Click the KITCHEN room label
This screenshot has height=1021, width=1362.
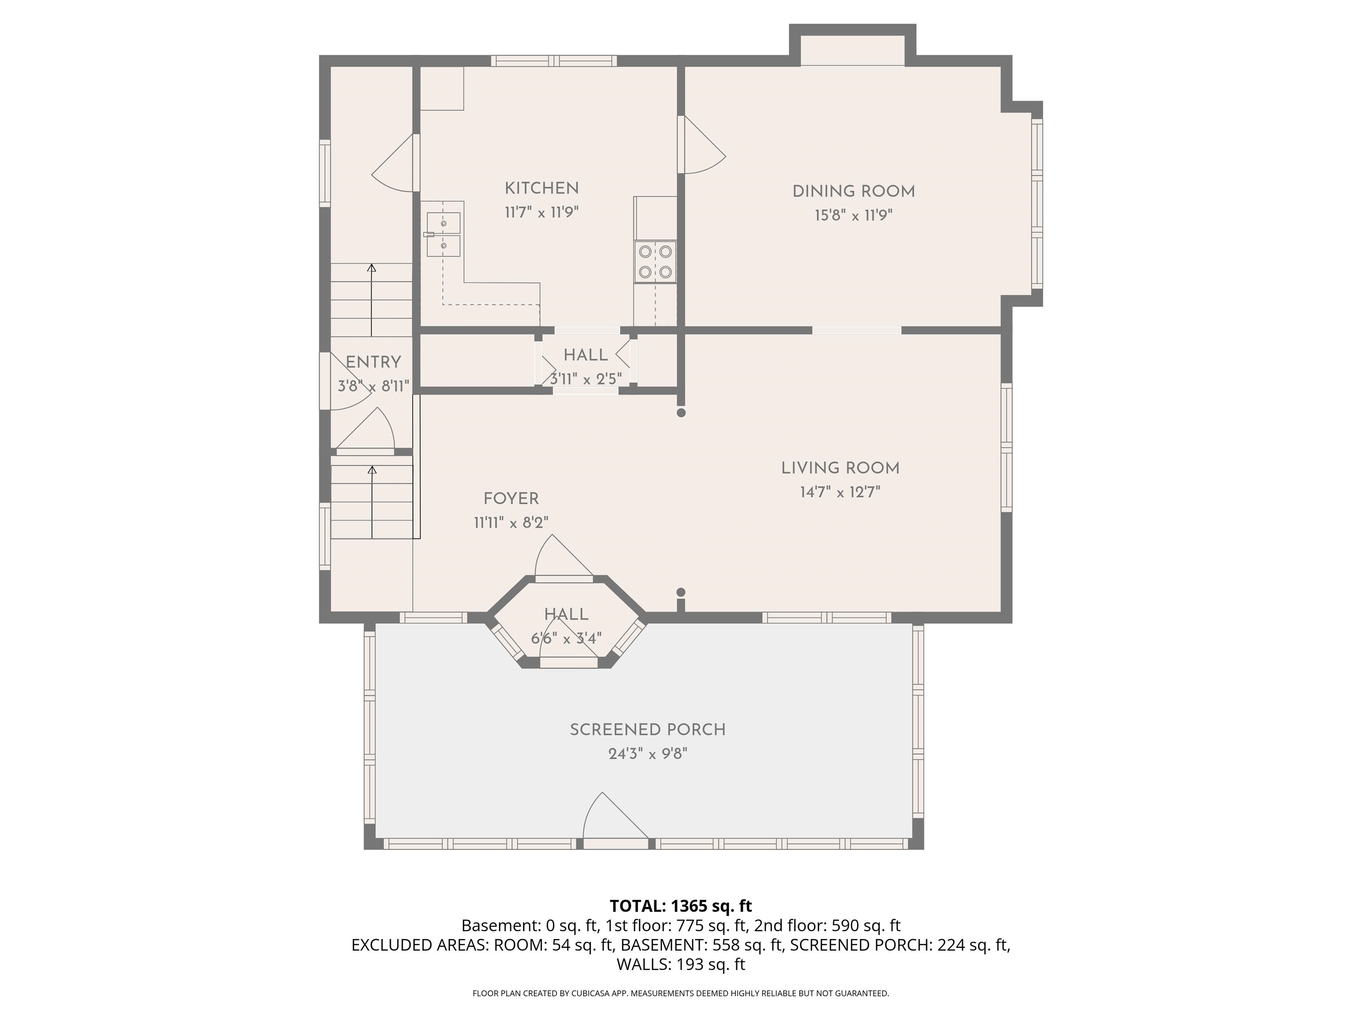[x=542, y=188]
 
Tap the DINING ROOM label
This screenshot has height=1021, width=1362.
[x=853, y=191]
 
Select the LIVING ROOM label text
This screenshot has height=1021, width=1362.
[x=841, y=468]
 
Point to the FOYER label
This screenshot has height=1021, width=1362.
[x=511, y=499]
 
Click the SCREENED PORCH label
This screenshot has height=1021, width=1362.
[x=648, y=730]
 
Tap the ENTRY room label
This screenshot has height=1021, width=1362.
[x=373, y=362]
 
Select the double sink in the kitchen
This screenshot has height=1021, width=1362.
[x=444, y=234]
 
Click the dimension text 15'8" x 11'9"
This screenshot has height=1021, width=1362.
[x=853, y=215]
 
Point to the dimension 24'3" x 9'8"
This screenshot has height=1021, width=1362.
[x=648, y=754]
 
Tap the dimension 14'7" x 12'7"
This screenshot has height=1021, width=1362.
[x=841, y=492]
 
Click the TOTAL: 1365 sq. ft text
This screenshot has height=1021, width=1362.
[x=681, y=906]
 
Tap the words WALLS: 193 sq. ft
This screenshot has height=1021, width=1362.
[x=681, y=964]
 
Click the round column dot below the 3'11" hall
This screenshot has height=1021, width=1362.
[x=681, y=413]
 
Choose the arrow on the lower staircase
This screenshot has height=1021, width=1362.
[x=372, y=502]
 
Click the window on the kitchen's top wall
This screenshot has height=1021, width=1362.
[x=554, y=61]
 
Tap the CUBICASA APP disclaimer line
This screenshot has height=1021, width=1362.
[x=681, y=994]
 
